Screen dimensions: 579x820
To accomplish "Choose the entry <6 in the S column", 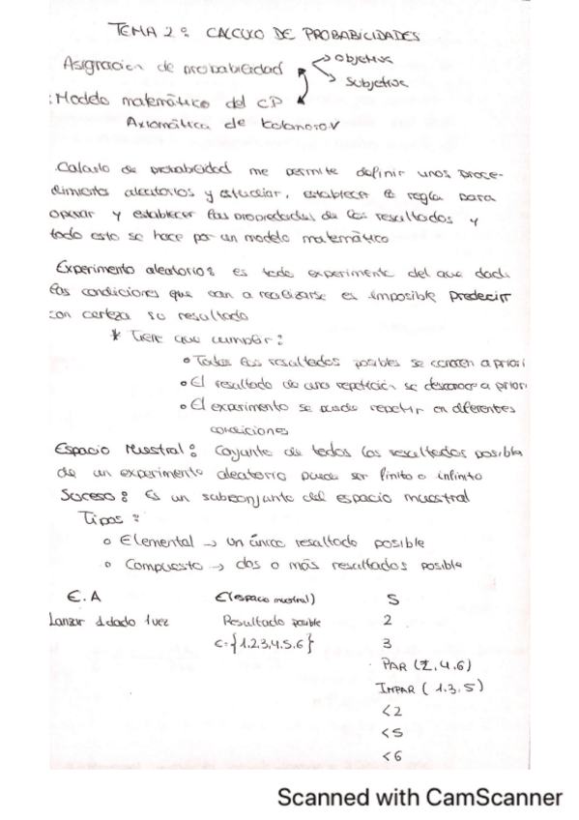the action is pyautogui.click(x=391, y=755).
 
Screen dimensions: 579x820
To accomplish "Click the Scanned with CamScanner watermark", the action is pyautogui.click(x=419, y=798).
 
